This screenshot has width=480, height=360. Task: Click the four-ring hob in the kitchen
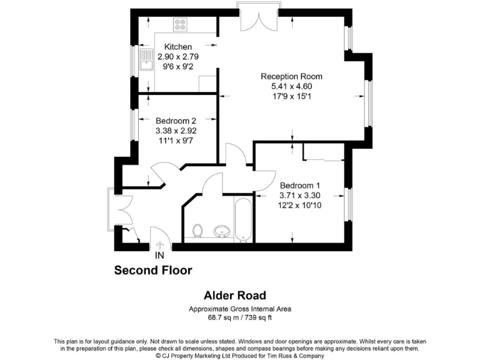[x=181, y=25]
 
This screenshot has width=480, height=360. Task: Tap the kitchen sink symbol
[x=147, y=61]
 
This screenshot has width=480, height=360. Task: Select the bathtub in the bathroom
[x=242, y=220]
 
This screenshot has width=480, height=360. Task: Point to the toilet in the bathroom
[x=198, y=231]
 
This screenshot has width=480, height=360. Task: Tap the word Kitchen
[x=178, y=47]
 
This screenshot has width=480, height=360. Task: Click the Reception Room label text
[x=291, y=76]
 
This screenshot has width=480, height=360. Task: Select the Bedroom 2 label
[x=176, y=121]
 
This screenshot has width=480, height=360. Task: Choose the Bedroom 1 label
[x=300, y=186]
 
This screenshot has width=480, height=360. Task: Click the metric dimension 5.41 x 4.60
[x=291, y=86]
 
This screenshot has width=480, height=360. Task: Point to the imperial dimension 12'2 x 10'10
[x=300, y=206]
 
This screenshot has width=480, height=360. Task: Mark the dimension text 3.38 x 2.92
[x=176, y=131]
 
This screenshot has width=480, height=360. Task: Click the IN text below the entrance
[x=159, y=256]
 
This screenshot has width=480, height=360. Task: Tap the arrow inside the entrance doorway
[x=159, y=244]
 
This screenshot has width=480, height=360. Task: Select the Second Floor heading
[x=152, y=271]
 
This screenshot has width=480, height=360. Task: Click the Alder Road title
[x=235, y=296]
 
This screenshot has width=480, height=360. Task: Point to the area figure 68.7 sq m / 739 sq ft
[x=241, y=317]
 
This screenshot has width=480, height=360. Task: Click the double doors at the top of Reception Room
[x=257, y=19]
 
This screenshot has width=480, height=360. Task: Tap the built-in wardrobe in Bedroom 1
[x=322, y=152]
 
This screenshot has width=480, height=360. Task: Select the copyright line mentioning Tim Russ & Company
[x=240, y=356]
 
